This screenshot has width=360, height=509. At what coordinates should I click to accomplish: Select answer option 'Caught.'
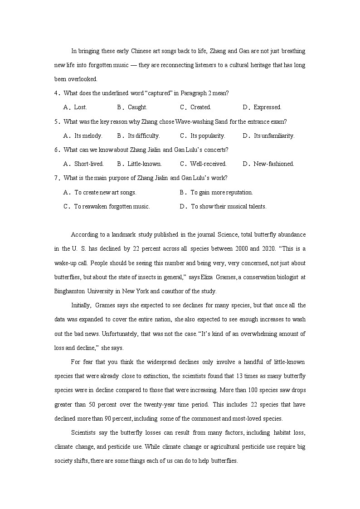click(x=137, y=107)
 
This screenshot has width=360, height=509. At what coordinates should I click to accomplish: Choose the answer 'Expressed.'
click(x=268, y=107)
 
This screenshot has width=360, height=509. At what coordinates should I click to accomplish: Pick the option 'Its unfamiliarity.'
click(x=274, y=136)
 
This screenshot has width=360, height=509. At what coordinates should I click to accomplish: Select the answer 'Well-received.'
click(x=208, y=164)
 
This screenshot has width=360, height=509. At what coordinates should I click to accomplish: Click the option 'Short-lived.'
click(x=89, y=164)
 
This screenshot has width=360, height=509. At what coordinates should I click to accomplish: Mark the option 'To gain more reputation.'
click(x=221, y=192)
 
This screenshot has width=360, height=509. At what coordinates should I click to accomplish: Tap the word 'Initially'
click(x=82, y=305)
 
